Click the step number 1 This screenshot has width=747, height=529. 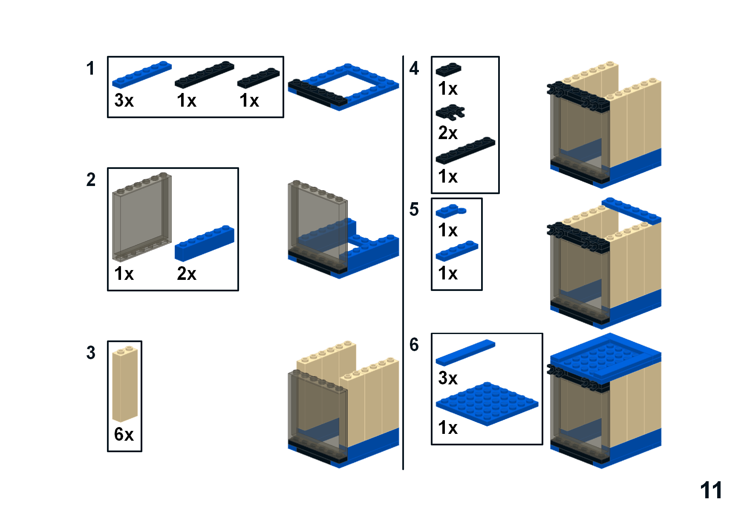(90, 68)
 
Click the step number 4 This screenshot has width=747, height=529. (414, 68)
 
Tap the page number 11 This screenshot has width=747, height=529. (711, 490)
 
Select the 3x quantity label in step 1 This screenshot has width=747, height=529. (124, 101)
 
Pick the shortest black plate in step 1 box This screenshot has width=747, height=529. (258, 78)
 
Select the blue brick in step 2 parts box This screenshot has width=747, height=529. (205, 243)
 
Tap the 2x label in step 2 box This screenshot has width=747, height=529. (187, 273)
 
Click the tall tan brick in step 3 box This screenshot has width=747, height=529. (124, 384)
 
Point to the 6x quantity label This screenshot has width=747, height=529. (124, 434)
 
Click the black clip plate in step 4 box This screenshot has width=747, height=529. (450, 113)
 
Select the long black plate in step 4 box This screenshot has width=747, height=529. (465, 150)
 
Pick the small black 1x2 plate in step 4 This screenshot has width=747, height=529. (448, 69)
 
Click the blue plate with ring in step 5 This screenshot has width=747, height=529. (450, 211)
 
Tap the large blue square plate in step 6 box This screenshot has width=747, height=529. (487, 403)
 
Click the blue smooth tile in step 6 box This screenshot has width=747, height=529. (465, 352)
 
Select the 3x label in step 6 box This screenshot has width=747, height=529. (448, 378)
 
